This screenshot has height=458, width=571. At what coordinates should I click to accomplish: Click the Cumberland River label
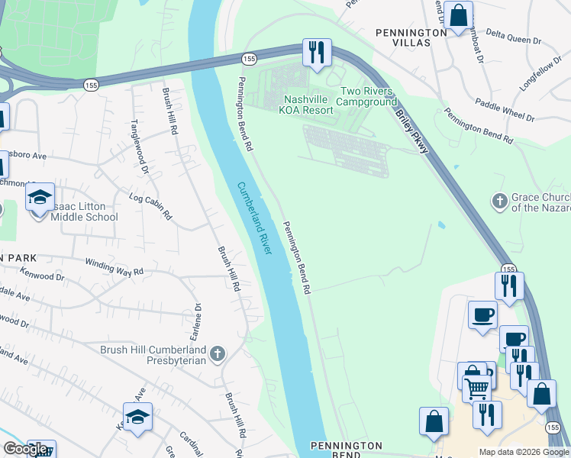click(254, 218)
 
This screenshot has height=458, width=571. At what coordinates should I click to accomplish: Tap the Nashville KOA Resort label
click(308, 105)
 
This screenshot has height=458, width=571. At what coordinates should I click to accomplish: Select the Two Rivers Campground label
click(366, 96)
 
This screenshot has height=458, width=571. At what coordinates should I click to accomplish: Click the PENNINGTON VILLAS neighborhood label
click(411, 37)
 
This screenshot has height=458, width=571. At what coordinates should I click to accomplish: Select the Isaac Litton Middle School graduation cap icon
click(40, 197)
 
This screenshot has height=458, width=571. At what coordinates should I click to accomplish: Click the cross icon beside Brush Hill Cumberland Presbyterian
click(218, 353)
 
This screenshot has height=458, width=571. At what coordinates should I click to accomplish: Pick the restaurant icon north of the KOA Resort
click(316, 52)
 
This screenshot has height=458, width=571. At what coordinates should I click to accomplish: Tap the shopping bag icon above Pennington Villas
click(458, 15)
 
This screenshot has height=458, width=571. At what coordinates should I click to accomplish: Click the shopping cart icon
click(477, 388)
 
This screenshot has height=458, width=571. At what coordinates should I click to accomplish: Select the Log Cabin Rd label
click(150, 207)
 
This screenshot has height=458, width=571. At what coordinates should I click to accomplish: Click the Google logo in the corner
click(25, 449)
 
